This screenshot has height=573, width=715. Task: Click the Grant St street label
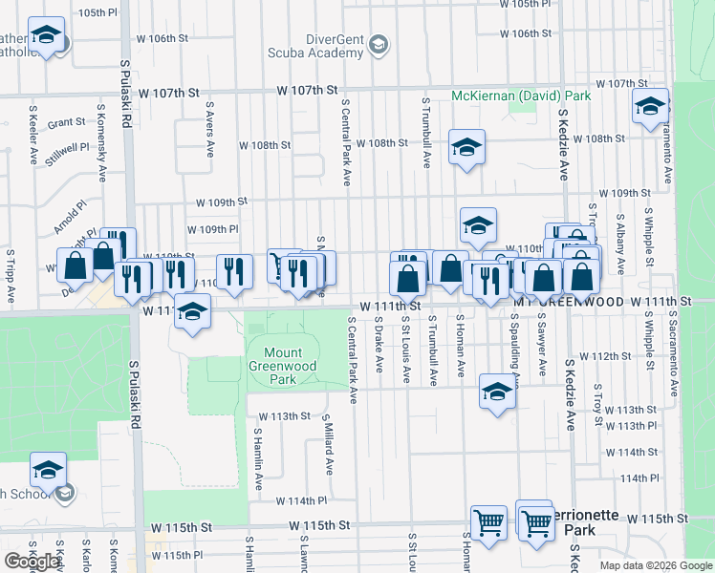click(x=66, y=122)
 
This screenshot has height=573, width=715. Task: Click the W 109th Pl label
click(x=212, y=229)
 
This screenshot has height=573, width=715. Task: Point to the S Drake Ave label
click(x=379, y=349)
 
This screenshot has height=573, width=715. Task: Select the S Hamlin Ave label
click(x=257, y=459)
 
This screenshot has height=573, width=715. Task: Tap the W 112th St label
click(x=609, y=356)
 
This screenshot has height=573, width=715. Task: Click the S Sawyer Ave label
click(x=542, y=342)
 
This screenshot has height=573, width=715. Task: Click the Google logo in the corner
click(x=32, y=562)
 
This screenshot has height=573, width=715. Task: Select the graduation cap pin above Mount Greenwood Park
click(x=193, y=313)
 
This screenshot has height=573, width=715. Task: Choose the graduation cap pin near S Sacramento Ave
click(x=650, y=107)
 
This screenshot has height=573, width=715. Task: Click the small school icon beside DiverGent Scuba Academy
click(x=379, y=45)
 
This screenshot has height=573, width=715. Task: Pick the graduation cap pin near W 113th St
click(x=496, y=392)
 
